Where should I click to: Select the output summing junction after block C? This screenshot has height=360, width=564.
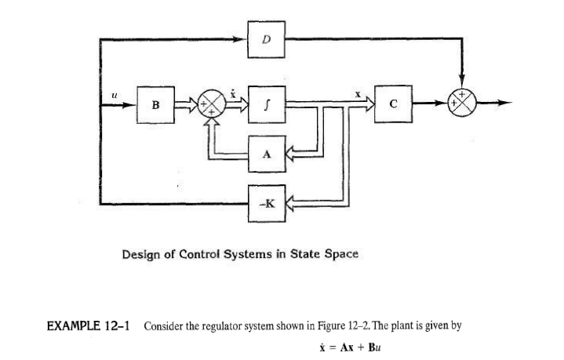[x=461, y=103]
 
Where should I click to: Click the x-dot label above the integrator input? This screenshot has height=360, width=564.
[x=233, y=92]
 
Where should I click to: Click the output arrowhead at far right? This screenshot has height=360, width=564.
[x=508, y=103]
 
